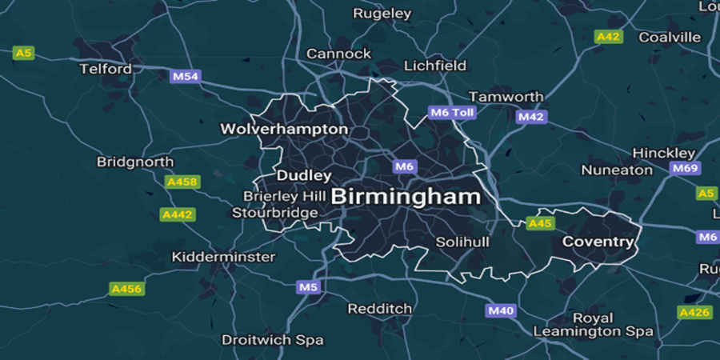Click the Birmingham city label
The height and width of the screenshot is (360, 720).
click(x=406, y=196)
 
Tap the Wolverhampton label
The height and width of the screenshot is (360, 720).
click(x=284, y=129)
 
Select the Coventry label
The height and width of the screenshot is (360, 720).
click(x=598, y=241)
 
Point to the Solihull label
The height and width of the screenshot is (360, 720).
click(x=462, y=242)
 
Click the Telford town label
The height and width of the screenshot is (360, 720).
click(x=106, y=69)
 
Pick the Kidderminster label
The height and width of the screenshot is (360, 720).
click(x=224, y=257)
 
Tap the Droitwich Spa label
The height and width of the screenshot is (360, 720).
click(x=273, y=339)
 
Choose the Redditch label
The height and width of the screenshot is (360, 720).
click(x=379, y=308)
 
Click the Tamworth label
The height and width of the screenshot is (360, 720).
click(x=506, y=96)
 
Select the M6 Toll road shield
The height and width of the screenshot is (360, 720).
click(x=452, y=113)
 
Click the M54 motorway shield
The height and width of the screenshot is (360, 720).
click(x=186, y=77)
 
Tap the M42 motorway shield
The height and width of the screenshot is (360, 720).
click(x=530, y=117)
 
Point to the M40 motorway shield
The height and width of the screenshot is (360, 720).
click(x=500, y=310)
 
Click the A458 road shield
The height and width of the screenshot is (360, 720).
click(x=182, y=182)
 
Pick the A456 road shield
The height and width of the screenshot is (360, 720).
click(x=126, y=288)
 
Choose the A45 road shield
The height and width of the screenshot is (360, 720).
click(x=540, y=223)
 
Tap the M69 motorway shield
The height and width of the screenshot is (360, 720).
click(x=685, y=168)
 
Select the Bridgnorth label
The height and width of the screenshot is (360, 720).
click(x=135, y=162)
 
